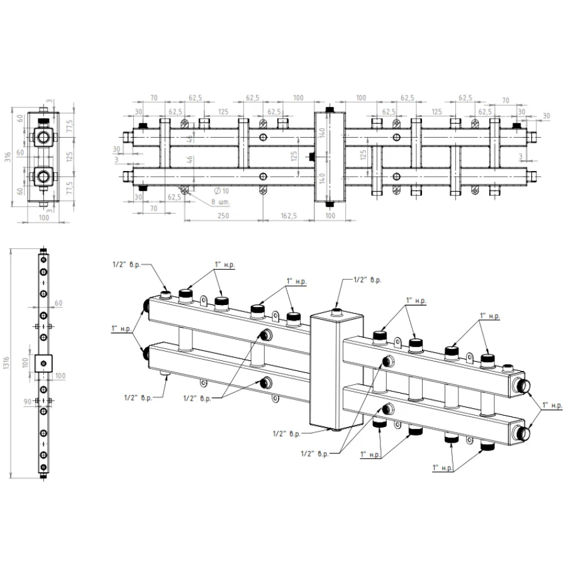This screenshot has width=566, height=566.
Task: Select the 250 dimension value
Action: coord(223,216)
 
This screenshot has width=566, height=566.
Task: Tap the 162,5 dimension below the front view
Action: coord(287,216)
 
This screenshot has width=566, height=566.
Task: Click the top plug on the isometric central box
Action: coord(337,309)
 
